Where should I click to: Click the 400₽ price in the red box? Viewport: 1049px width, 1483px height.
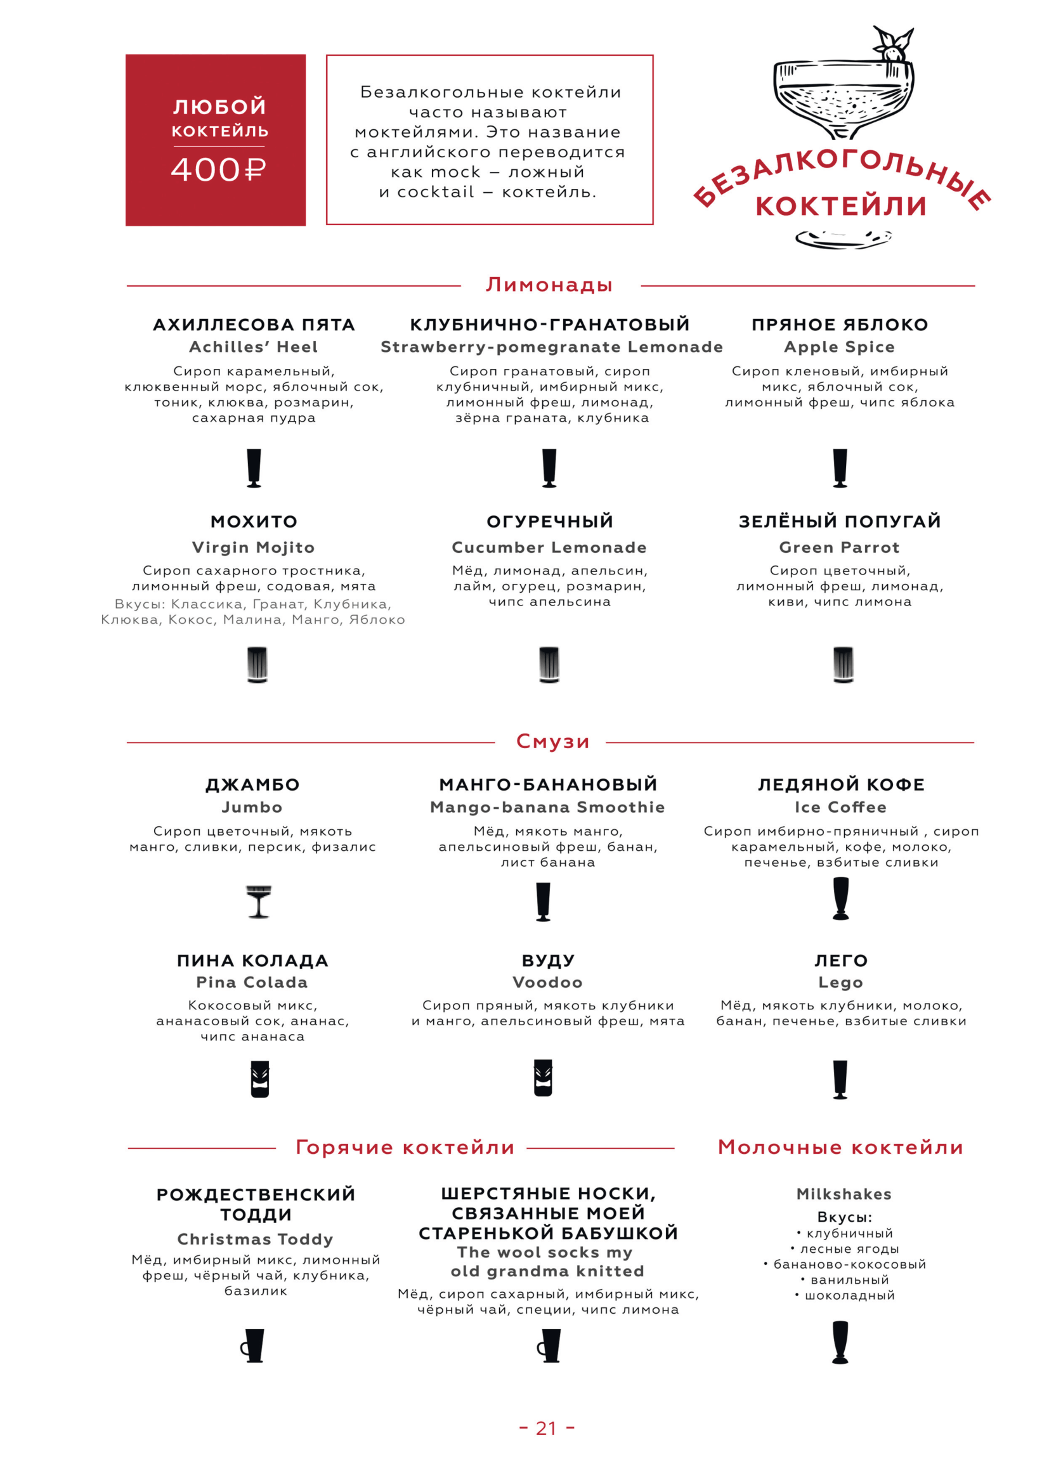click(218, 170)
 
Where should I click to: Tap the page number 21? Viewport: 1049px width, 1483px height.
click(546, 1428)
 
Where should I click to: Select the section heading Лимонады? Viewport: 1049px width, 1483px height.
click(549, 285)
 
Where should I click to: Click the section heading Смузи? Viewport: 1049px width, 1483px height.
click(552, 742)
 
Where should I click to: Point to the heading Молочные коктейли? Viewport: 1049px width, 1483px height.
click(840, 1147)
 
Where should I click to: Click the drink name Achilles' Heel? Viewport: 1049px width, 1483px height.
click(253, 347)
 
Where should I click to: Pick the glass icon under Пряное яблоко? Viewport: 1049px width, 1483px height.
click(840, 468)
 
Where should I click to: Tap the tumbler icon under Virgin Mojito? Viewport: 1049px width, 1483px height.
click(257, 664)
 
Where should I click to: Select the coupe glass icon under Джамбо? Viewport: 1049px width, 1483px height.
click(258, 901)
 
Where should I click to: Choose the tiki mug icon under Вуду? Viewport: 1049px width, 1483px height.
click(544, 1077)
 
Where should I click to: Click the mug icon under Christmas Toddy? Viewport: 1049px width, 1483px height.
click(253, 1345)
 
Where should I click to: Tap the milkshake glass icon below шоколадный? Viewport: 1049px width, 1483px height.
click(840, 1342)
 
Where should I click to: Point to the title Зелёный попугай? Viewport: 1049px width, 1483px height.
click(840, 521)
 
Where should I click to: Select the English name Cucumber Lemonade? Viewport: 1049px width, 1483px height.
click(549, 547)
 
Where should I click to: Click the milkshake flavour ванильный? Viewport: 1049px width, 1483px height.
click(849, 1279)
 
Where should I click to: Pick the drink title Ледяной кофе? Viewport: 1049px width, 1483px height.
click(841, 785)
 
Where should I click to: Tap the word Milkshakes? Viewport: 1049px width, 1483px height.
click(844, 1194)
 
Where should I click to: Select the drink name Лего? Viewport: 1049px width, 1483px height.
click(840, 961)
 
